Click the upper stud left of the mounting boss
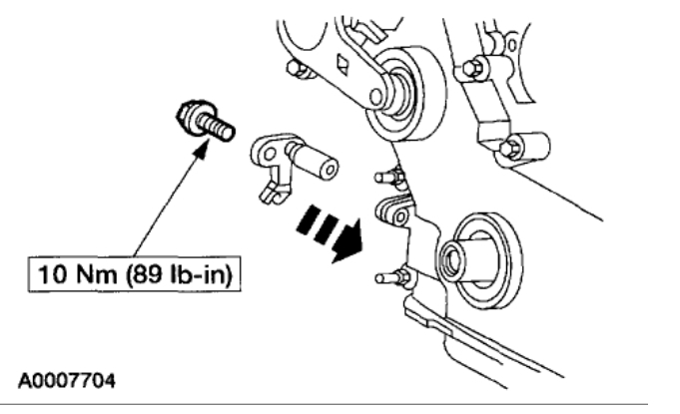[x=386, y=178]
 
